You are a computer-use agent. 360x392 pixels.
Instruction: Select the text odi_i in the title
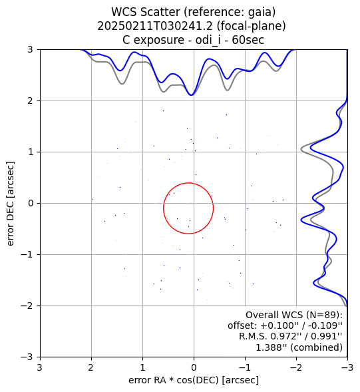pos(208,40)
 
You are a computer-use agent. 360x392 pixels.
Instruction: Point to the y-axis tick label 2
pos(30,100)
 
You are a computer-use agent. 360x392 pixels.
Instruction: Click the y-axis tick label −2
pos(27,305)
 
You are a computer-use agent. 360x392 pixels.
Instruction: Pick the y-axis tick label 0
pos(30,203)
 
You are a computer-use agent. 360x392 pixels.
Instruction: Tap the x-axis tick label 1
pos(143,367)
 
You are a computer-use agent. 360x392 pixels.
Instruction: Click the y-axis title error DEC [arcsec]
pos(10,204)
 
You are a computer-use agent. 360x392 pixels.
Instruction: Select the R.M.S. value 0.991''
pos(326,336)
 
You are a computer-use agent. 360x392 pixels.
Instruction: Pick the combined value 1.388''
pos(271,347)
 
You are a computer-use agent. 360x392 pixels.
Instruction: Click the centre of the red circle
pos(188,208)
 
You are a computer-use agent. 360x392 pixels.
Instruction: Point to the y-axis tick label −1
pos(27,254)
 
